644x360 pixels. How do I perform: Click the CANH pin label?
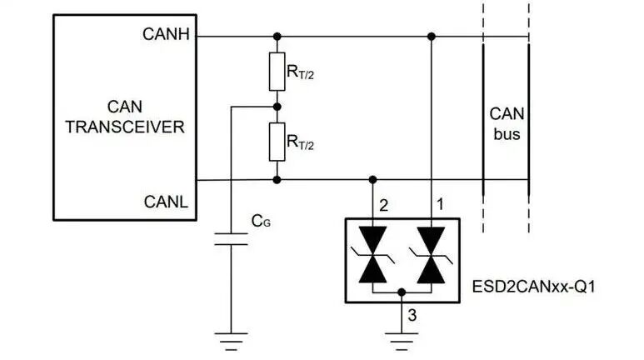[x=166, y=34]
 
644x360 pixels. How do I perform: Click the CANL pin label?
[x=166, y=202]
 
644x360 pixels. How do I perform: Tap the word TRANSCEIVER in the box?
[x=125, y=127]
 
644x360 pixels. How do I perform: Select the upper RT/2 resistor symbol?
[x=277, y=72]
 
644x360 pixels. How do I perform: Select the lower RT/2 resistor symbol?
[x=277, y=142]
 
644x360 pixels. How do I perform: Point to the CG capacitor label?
[x=261, y=221]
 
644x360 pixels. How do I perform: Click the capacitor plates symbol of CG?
[x=232, y=239]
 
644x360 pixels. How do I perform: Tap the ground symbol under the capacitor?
[x=232, y=342]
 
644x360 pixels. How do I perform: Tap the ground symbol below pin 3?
[x=402, y=342]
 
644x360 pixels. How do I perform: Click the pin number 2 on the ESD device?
[x=384, y=205]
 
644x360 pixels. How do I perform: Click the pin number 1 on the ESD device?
[x=440, y=204]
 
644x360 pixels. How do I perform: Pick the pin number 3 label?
[x=412, y=316]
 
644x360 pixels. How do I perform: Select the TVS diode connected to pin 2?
[x=372, y=255]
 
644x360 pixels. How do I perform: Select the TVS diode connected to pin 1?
[x=431, y=255]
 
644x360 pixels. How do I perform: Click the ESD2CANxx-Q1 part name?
[x=533, y=287]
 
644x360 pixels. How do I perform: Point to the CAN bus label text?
[x=507, y=124]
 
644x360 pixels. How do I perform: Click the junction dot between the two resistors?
[x=277, y=107]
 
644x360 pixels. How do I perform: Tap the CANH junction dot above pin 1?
[x=432, y=37]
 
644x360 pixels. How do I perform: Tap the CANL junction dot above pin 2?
[x=372, y=180]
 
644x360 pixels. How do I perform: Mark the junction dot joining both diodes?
[x=402, y=292]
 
